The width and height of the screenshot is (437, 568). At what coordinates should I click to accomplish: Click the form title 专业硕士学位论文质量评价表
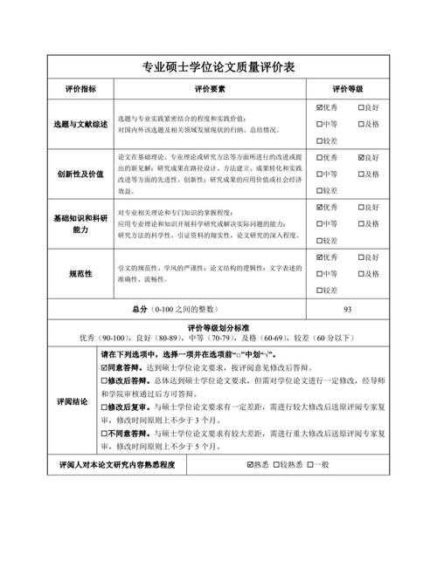(218, 67)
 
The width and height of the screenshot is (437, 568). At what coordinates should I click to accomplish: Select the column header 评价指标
(81, 89)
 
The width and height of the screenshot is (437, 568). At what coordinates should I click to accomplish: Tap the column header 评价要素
(210, 89)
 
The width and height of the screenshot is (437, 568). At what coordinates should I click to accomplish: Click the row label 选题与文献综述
(81, 124)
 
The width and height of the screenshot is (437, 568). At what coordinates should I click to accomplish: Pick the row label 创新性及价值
(81, 174)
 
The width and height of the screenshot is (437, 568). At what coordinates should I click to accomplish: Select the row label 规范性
(81, 273)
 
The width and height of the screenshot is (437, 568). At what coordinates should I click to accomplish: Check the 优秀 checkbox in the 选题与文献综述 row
(319, 108)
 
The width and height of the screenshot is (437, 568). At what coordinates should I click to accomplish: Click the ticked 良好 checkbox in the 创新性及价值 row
(361, 158)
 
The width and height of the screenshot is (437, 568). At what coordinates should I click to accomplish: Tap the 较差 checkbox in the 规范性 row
(319, 290)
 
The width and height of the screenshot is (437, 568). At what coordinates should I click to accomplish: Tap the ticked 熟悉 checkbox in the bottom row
(251, 465)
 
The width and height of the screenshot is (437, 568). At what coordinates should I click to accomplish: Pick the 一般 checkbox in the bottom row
(310, 465)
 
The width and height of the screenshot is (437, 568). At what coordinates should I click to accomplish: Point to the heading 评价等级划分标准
(218, 326)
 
